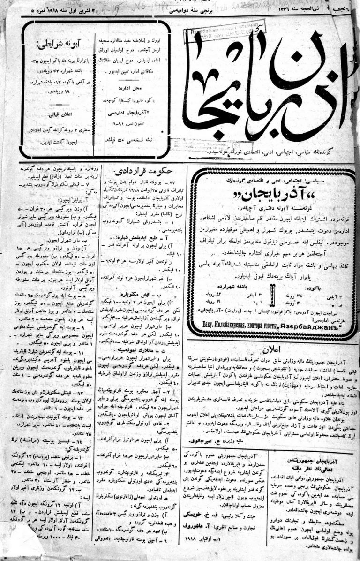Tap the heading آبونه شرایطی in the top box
60,46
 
